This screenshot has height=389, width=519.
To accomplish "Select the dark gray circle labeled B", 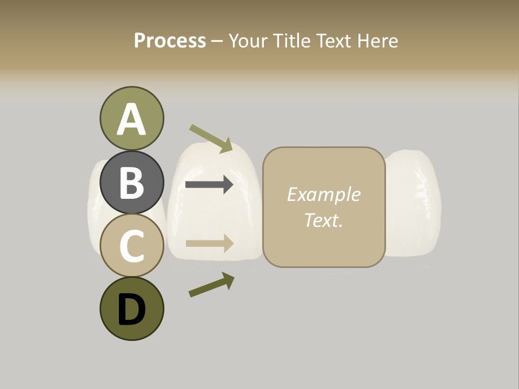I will click(131, 182).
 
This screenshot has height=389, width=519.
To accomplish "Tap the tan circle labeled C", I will click(131, 245).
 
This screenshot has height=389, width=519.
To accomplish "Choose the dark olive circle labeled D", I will click(131, 308).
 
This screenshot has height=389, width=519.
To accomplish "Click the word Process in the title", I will click(170, 41).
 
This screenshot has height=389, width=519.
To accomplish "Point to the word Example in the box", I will click(323, 194).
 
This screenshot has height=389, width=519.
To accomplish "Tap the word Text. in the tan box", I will click(323, 220).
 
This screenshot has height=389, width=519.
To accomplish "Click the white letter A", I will click(131, 119).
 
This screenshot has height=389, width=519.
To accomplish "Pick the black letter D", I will click(131, 310).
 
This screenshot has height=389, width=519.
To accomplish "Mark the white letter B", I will click(131, 183).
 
